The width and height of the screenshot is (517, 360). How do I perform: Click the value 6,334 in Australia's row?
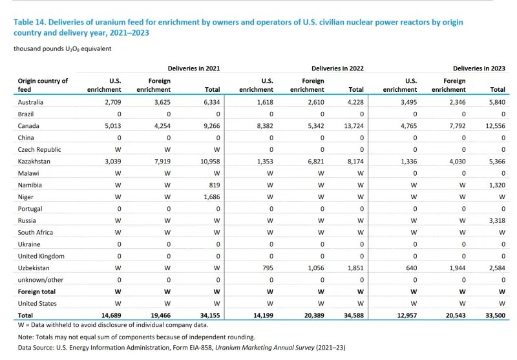click(x=211, y=102)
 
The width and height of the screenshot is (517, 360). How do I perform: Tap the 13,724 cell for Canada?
click(x=352, y=126)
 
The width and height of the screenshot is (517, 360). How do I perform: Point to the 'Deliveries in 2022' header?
click(x=338, y=68)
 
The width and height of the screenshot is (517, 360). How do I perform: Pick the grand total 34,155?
click(x=209, y=315)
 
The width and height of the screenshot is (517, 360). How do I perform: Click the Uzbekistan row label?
click(x=37, y=268)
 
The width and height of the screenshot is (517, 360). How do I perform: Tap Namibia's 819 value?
click(x=215, y=185)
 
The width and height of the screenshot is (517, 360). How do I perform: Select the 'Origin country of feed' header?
click(x=43, y=85)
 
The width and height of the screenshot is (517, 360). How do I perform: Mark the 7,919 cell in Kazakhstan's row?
click(x=159, y=162)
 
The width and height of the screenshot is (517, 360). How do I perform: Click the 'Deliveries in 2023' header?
click(x=479, y=68)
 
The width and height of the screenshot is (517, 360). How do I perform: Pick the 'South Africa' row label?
click(x=36, y=232)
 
